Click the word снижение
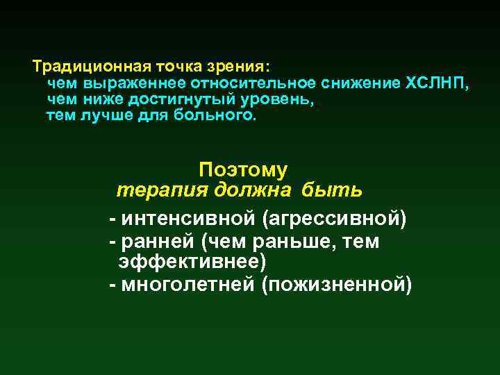click(362, 84)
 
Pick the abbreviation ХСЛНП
click(437, 84)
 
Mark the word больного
click(222, 116)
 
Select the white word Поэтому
click(243, 169)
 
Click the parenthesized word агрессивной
click(335, 219)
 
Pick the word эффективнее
click(192, 262)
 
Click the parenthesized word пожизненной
click(337, 285)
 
